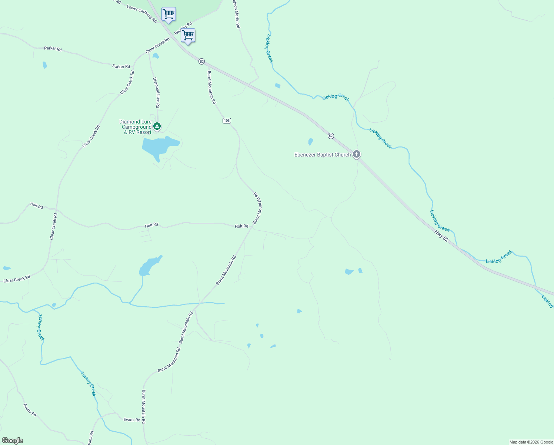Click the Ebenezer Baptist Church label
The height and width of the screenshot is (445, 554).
[x=322, y=155]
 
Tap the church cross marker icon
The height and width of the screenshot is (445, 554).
[x=357, y=154]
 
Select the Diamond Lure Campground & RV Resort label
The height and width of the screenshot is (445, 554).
[x=136, y=127]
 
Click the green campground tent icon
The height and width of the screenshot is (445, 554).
[x=157, y=126]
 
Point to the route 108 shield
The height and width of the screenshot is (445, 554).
[x=227, y=121]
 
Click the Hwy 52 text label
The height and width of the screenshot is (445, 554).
[x=441, y=236]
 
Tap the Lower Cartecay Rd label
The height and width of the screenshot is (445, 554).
[x=141, y=14]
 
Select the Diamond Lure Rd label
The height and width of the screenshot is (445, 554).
[x=157, y=93]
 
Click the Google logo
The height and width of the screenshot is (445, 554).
[x=12, y=441]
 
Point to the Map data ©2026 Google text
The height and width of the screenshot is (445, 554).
[x=531, y=442]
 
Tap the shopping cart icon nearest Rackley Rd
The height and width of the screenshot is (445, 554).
[x=188, y=36]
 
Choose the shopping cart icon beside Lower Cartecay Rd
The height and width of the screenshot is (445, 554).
[x=168, y=14]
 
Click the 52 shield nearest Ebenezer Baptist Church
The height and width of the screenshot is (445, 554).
[x=331, y=136]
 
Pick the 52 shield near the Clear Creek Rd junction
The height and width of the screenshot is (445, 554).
[x=201, y=61]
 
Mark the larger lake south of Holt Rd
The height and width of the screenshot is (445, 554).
[x=149, y=266]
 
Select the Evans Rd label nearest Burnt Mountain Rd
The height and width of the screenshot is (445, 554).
[x=132, y=420]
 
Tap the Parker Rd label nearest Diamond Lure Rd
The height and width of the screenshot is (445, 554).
[x=121, y=66]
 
